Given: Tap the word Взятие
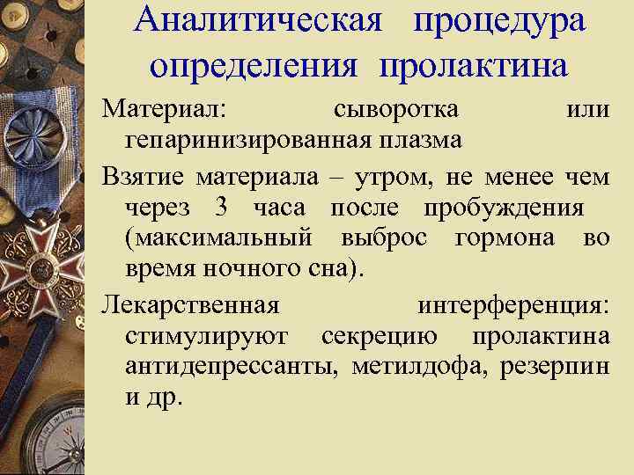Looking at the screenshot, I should [143, 177].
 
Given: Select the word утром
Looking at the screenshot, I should [394, 177].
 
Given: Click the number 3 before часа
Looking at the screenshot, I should [221, 208].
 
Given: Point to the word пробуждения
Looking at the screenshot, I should [504, 208].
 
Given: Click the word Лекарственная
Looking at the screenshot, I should [191, 305].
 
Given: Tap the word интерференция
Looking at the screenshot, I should [512, 305].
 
